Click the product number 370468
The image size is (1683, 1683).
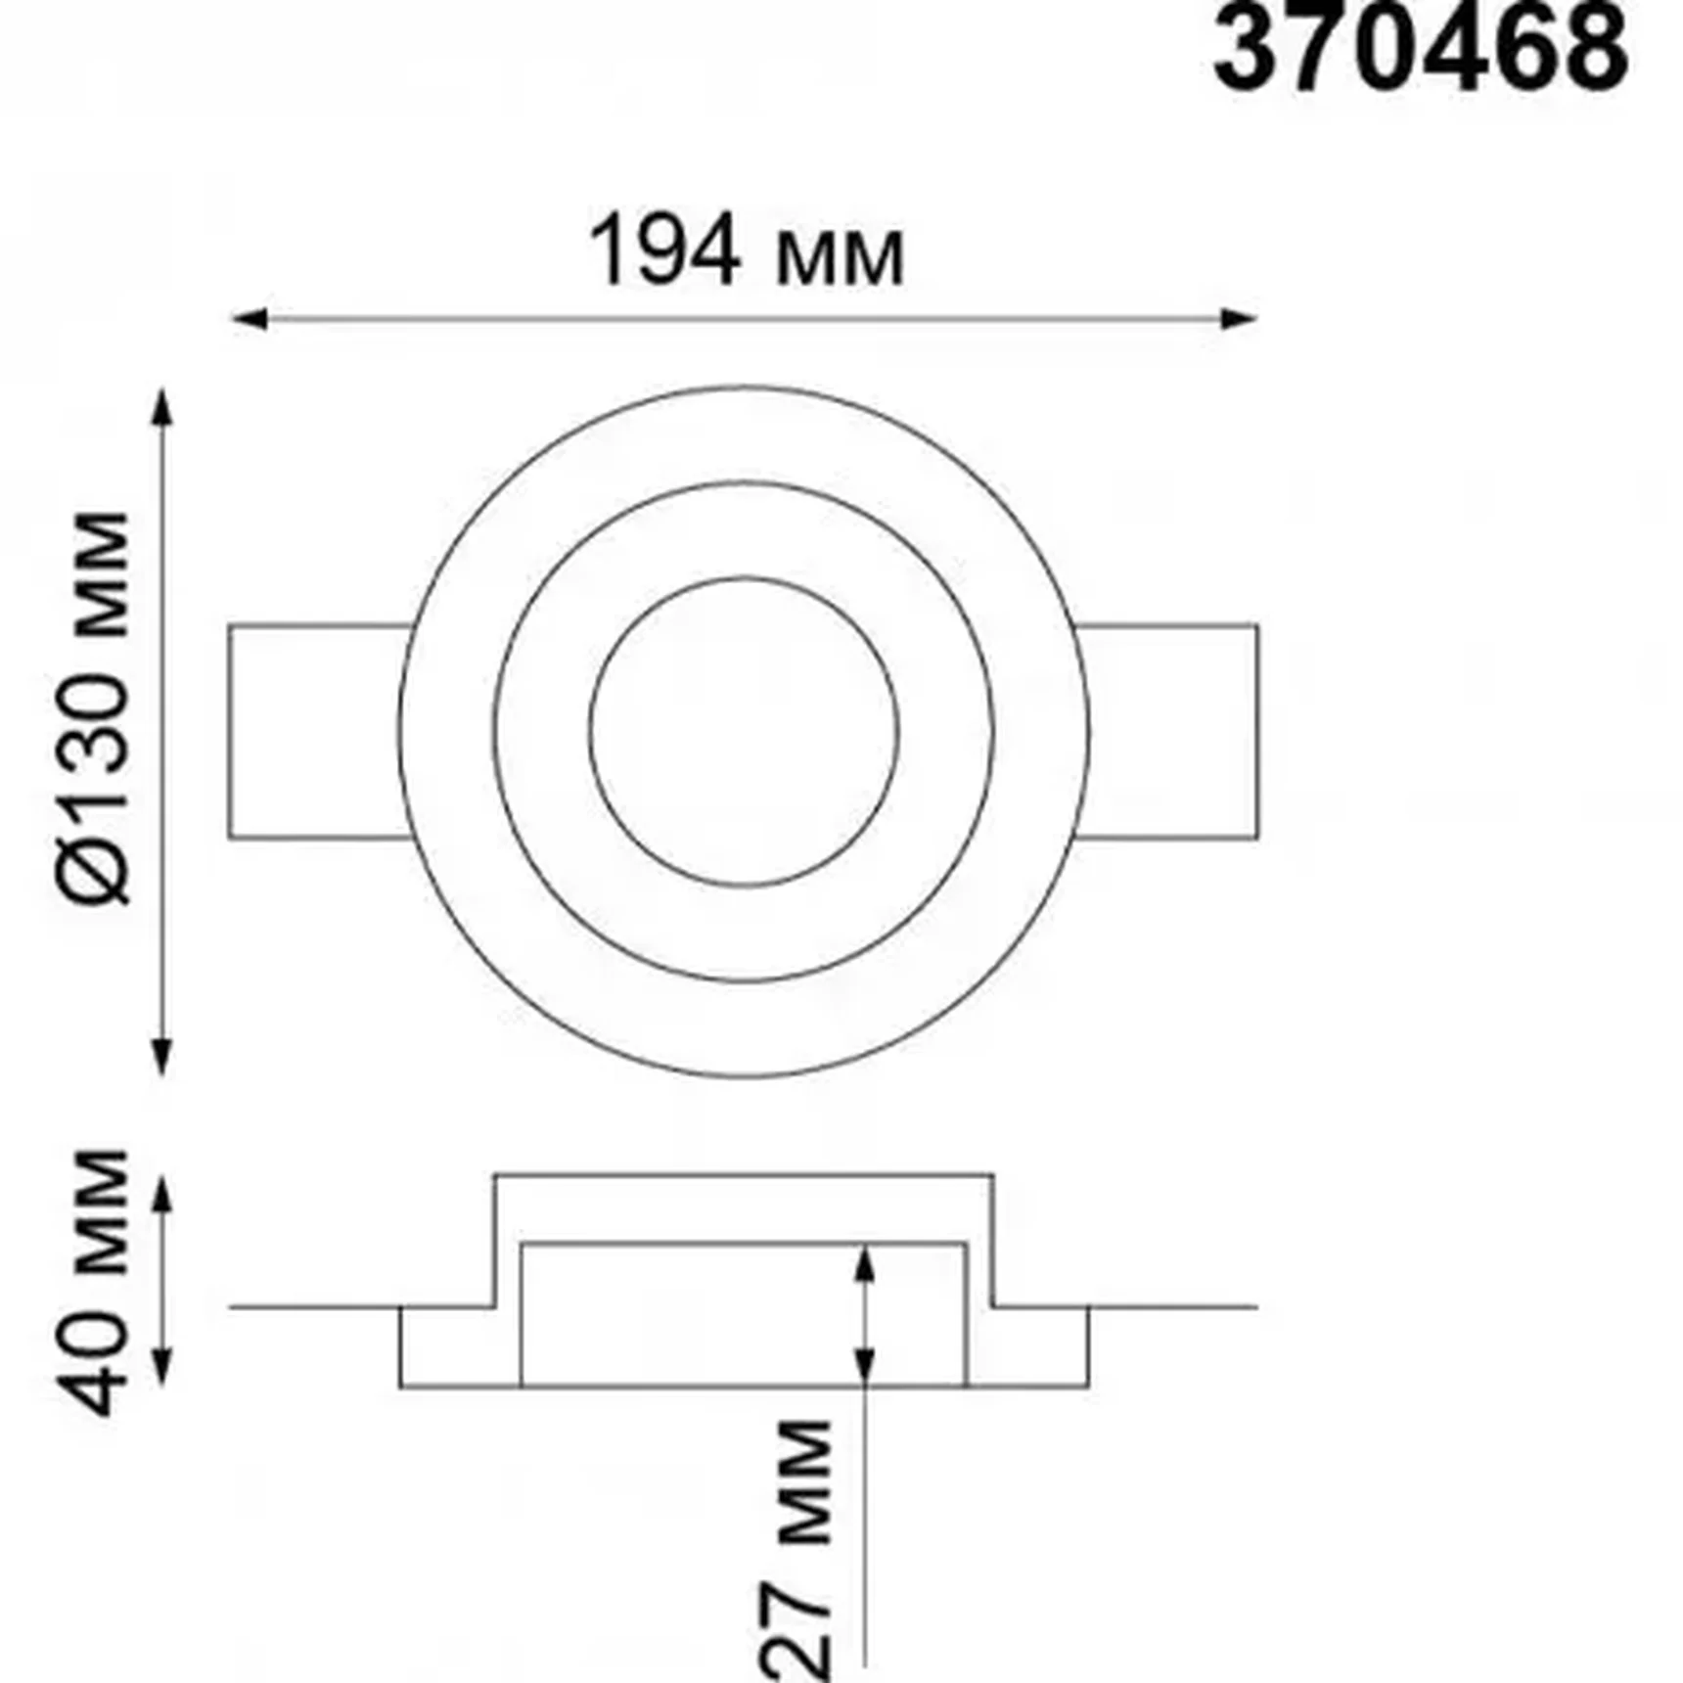click(x=1421, y=49)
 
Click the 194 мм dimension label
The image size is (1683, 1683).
click(x=748, y=253)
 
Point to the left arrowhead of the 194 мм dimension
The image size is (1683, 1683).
click(x=245, y=318)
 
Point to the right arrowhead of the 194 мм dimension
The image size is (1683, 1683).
click(x=1243, y=318)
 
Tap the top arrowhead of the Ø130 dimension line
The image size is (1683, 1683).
click(x=163, y=403)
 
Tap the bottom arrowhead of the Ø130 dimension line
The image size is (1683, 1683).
click(x=163, y=1061)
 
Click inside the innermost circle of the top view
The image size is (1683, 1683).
click(x=744, y=732)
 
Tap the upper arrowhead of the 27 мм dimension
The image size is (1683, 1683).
click(x=863, y=1262)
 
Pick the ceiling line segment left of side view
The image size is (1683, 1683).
click(x=313, y=1306)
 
